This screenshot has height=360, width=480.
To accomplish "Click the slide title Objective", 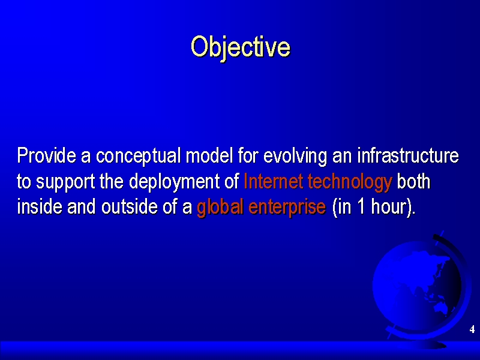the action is [241, 48].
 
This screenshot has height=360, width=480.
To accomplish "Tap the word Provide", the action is [47, 155].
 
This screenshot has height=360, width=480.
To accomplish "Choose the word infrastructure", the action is [409, 155].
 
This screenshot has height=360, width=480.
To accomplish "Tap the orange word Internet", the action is [273, 181].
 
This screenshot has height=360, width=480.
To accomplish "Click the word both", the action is [413, 181].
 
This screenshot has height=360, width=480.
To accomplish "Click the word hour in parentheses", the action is [389, 206].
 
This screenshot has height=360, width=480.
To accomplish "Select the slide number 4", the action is [472, 329].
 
